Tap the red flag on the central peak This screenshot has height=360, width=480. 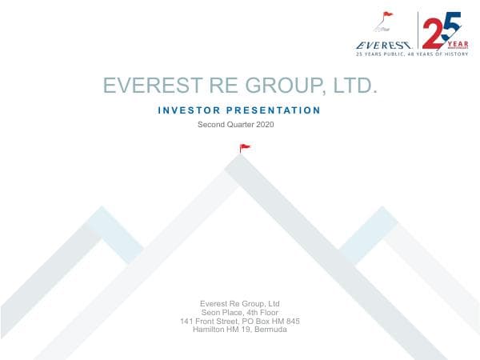245,147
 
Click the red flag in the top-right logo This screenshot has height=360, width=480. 388,15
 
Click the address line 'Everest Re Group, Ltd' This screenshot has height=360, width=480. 239,303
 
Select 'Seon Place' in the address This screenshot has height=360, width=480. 223,312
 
